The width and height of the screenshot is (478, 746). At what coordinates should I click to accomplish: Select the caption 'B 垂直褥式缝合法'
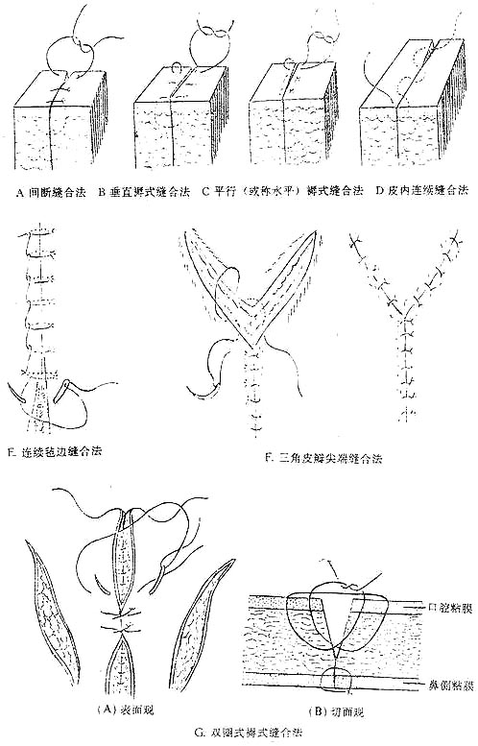point(139,191)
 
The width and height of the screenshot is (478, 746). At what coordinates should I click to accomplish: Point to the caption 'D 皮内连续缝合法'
point(415,190)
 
